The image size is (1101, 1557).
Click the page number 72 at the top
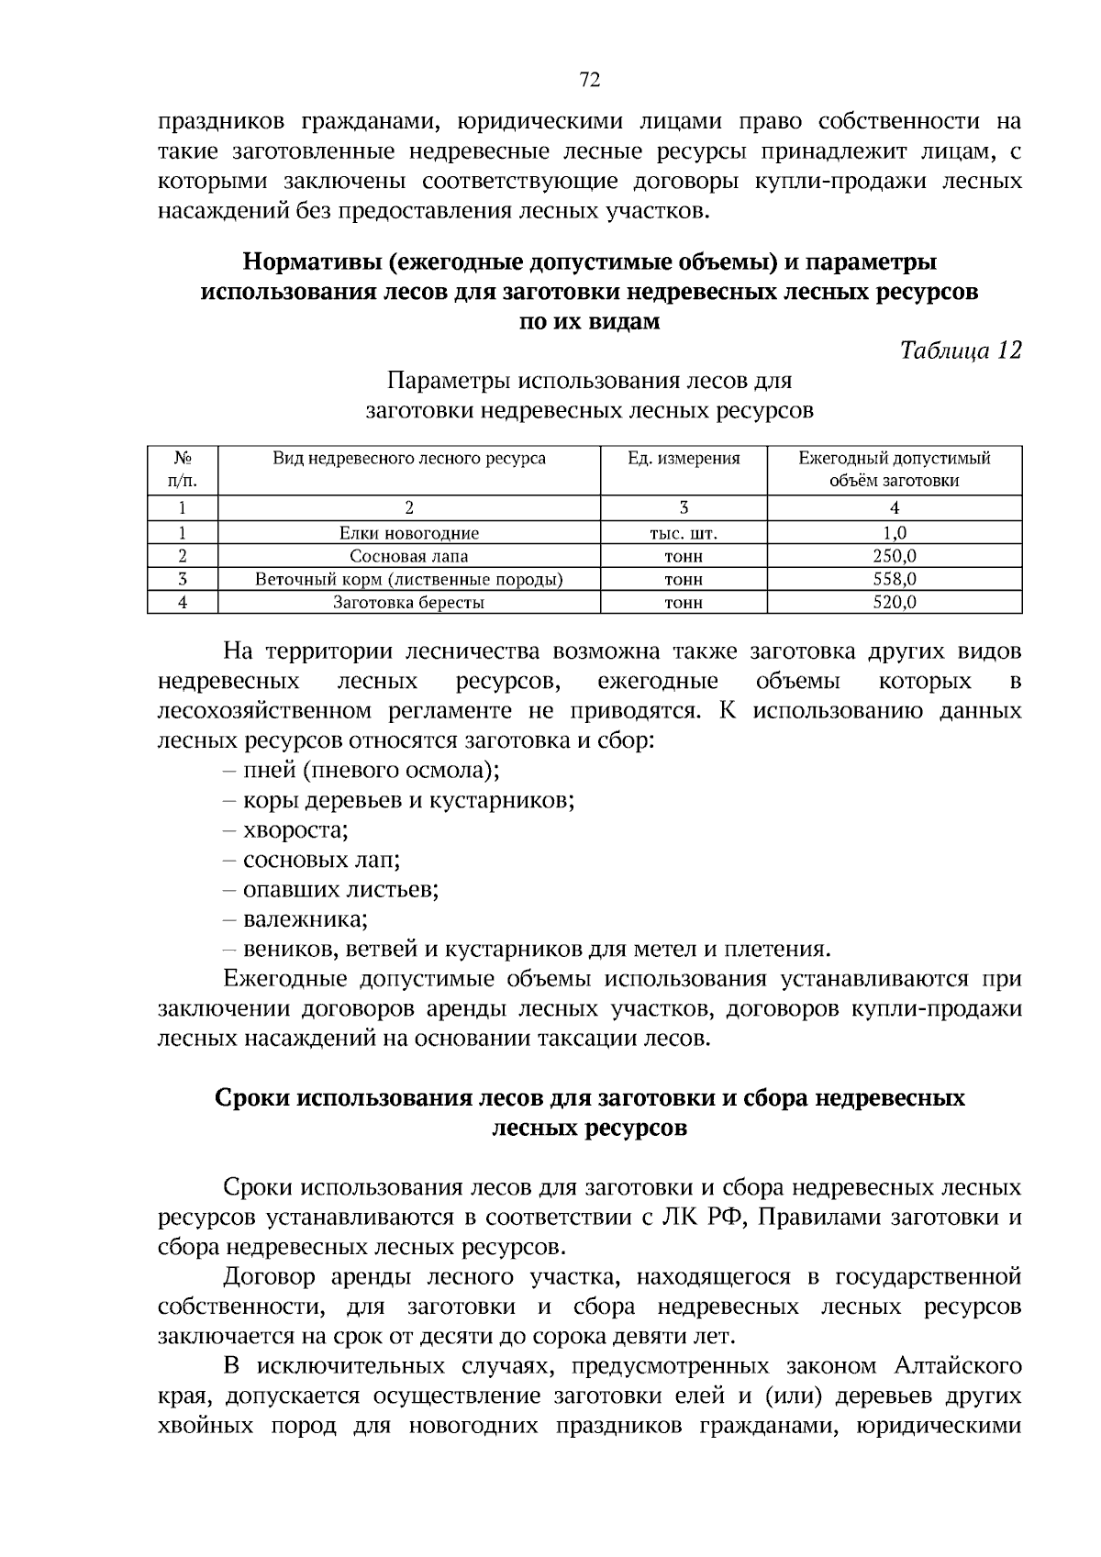(590, 81)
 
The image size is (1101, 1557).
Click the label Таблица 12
(961, 350)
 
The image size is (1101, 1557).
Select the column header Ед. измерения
(684, 459)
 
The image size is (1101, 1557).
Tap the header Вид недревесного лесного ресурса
(409, 459)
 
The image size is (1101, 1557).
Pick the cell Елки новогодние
(409, 533)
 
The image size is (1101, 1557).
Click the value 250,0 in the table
(895, 556)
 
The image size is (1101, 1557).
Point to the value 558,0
(895, 579)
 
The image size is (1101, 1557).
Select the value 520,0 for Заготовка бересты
(895, 603)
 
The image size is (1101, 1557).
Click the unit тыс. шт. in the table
(684, 533)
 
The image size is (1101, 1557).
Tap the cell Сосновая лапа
(409, 556)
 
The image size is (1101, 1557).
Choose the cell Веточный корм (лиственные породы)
(409, 579)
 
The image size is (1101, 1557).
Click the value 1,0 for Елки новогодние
(895, 533)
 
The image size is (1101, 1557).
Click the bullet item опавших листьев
(340, 890)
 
